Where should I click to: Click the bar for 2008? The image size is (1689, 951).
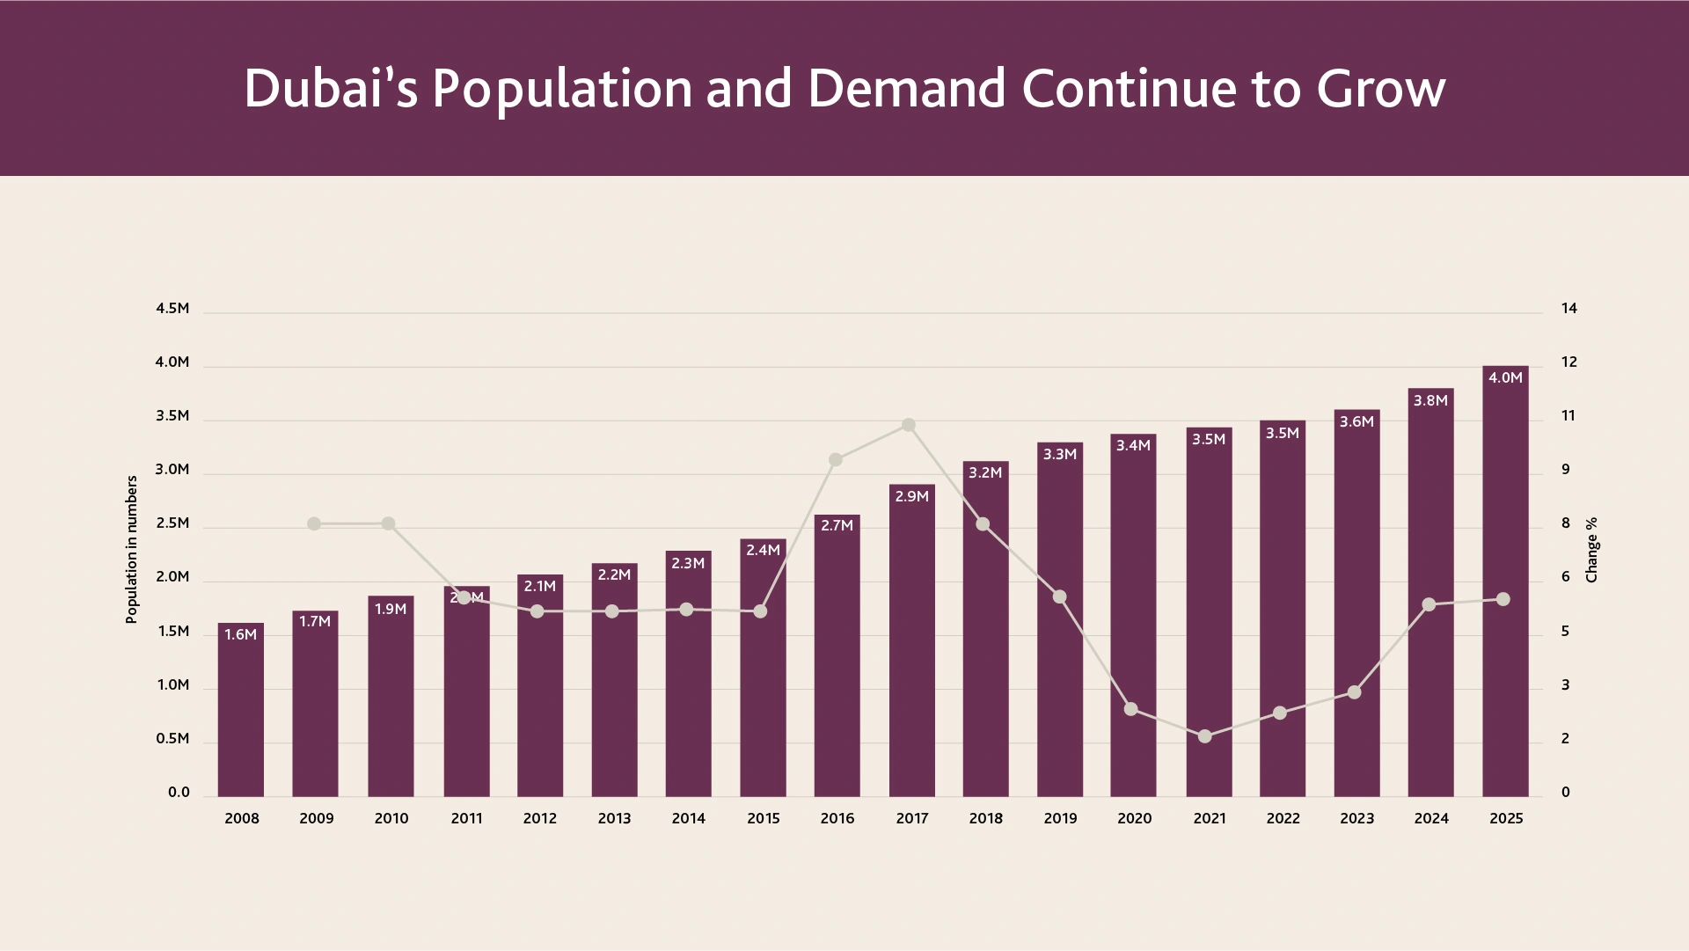(241, 710)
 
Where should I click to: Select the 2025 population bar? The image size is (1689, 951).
(1505, 582)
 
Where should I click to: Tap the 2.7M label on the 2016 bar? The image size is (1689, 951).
(837, 525)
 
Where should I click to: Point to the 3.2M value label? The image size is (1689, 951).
(985, 472)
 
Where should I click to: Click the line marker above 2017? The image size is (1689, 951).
(909, 425)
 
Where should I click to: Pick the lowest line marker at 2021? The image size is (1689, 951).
(1205, 736)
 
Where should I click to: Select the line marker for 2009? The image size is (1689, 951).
(314, 523)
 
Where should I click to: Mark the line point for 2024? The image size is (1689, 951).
(1429, 604)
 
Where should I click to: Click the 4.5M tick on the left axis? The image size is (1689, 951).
(172, 308)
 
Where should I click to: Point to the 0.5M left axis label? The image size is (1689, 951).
(172, 738)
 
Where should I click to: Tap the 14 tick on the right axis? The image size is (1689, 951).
(1569, 308)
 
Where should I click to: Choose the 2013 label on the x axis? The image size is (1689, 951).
(614, 818)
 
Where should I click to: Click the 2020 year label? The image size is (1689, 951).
(1135, 818)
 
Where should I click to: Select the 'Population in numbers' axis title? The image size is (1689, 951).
(132, 550)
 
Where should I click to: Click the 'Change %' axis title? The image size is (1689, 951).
(1591, 550)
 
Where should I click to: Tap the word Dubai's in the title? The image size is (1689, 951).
(331, 88)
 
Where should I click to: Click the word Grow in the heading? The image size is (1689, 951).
(1381, 88)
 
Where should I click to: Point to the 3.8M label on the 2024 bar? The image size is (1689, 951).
(1430, 400)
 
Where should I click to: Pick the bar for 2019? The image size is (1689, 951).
(1060, 619)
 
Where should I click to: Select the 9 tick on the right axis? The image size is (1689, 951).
(1566, 469)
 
